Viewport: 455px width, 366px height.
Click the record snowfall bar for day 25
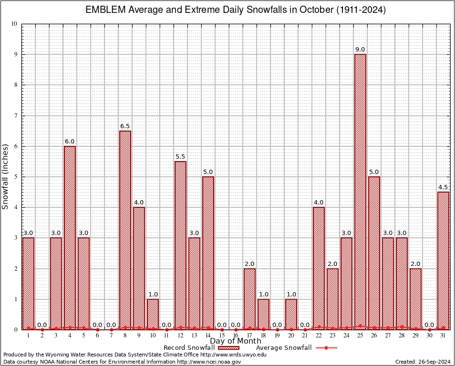click(360, 191)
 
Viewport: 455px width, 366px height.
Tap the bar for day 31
click(443, 260)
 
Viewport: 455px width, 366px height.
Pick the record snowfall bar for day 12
click(180, 245)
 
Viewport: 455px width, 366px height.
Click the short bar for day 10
click(153, 314)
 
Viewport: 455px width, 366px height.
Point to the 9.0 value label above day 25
click(360, 50)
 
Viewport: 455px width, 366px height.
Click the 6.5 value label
click(125, 126)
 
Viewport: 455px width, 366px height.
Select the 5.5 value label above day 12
click(180, 157)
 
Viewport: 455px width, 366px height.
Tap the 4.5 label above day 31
click(443, 187)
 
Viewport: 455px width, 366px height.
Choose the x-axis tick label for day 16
click(236, 336)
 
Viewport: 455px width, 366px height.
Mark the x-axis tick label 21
click(305, 336)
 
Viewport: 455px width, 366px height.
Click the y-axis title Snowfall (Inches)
click(6, 176)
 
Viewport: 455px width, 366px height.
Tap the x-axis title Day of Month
click(236, 341)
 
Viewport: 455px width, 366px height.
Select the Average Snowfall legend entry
click(284, 348)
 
